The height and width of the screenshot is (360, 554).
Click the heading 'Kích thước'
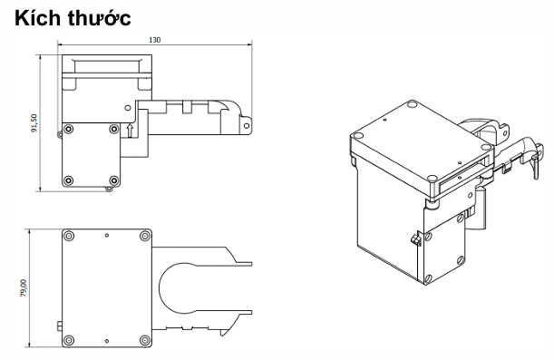point(73,18)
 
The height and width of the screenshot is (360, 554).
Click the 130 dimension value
point(154,40)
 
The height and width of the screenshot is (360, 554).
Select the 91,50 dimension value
point(34,123)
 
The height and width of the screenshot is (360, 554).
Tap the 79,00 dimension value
point(24,287)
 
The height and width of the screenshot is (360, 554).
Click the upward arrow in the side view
point(130,131)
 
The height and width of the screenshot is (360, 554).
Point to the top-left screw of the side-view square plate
point(69,129)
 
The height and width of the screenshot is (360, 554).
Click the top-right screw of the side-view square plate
point(113,129)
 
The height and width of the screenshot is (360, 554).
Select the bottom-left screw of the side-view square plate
point(69,180)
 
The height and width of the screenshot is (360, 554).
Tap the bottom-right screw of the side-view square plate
point(113,180)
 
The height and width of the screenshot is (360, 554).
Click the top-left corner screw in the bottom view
point(69,236)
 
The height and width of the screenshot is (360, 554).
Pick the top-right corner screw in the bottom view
point(145,236)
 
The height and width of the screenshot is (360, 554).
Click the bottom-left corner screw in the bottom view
point(69,341)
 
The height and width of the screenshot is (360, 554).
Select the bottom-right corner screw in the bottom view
point(145,341)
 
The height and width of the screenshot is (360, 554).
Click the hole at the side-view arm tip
point(247,126)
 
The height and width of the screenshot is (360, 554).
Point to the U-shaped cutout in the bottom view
point(160,288)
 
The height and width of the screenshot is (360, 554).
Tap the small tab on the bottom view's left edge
point(59,326)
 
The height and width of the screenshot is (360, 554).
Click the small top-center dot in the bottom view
point(107,235)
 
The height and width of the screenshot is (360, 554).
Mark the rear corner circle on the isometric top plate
point(412,104)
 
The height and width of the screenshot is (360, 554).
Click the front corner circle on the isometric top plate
point(432,178)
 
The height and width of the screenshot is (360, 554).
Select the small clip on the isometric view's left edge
point(415,239)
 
